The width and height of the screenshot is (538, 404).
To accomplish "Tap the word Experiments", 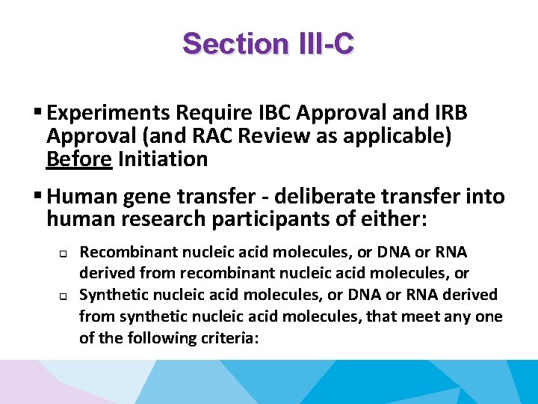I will click(x=108, y=113).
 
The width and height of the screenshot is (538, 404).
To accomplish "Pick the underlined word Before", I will click(x=72, y=159).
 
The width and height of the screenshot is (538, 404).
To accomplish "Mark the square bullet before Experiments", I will click(x=37, y=113).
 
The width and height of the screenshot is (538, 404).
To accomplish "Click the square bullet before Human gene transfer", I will click(x=37, y=197).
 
